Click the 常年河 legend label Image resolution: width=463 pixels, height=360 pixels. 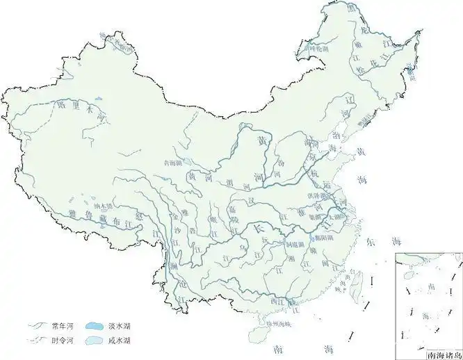coord(61,325)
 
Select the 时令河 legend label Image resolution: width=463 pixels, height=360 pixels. coord(61,340)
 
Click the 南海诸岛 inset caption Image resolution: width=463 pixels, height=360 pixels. coord(443,353)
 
